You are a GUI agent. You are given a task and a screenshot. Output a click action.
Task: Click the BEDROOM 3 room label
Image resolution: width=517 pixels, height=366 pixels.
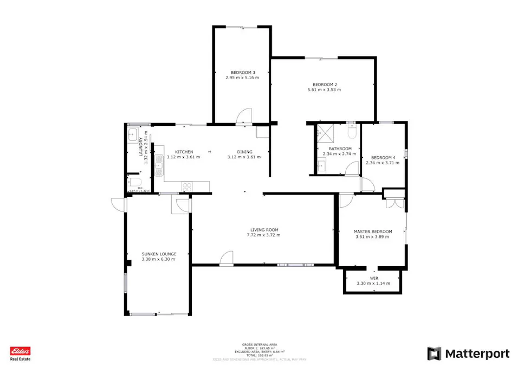point(242,72)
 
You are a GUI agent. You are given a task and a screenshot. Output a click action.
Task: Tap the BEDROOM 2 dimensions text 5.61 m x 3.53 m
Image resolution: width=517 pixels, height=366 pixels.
point(325,89)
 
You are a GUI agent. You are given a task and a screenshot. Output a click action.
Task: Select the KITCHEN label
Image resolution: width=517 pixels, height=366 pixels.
point(184,151)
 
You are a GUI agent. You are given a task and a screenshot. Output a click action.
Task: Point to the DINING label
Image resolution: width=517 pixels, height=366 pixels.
point(244,151)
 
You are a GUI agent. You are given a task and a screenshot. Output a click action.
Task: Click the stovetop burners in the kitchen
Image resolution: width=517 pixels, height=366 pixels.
point(187,186)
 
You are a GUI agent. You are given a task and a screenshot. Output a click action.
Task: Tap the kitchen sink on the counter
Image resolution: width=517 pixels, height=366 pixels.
point(159,165)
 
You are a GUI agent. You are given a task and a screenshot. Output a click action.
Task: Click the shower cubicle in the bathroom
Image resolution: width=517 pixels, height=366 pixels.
point(326,132)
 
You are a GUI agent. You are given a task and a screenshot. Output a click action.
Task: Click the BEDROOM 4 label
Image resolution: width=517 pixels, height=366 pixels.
point(383,157)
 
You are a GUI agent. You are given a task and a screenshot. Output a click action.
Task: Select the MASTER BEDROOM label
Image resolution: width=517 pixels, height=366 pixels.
point(372,230)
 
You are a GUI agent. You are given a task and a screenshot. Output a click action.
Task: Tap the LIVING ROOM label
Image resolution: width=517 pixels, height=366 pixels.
point(263,229)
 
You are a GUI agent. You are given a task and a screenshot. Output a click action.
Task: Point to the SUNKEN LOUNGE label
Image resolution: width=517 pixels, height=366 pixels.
point(159,254)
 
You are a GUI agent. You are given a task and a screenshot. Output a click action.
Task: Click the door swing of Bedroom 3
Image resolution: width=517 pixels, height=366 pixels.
point(244,116)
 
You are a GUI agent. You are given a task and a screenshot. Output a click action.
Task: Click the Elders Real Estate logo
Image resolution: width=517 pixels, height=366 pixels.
point(21,354)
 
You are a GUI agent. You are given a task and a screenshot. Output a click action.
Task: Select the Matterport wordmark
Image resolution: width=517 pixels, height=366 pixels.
point(477,354)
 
